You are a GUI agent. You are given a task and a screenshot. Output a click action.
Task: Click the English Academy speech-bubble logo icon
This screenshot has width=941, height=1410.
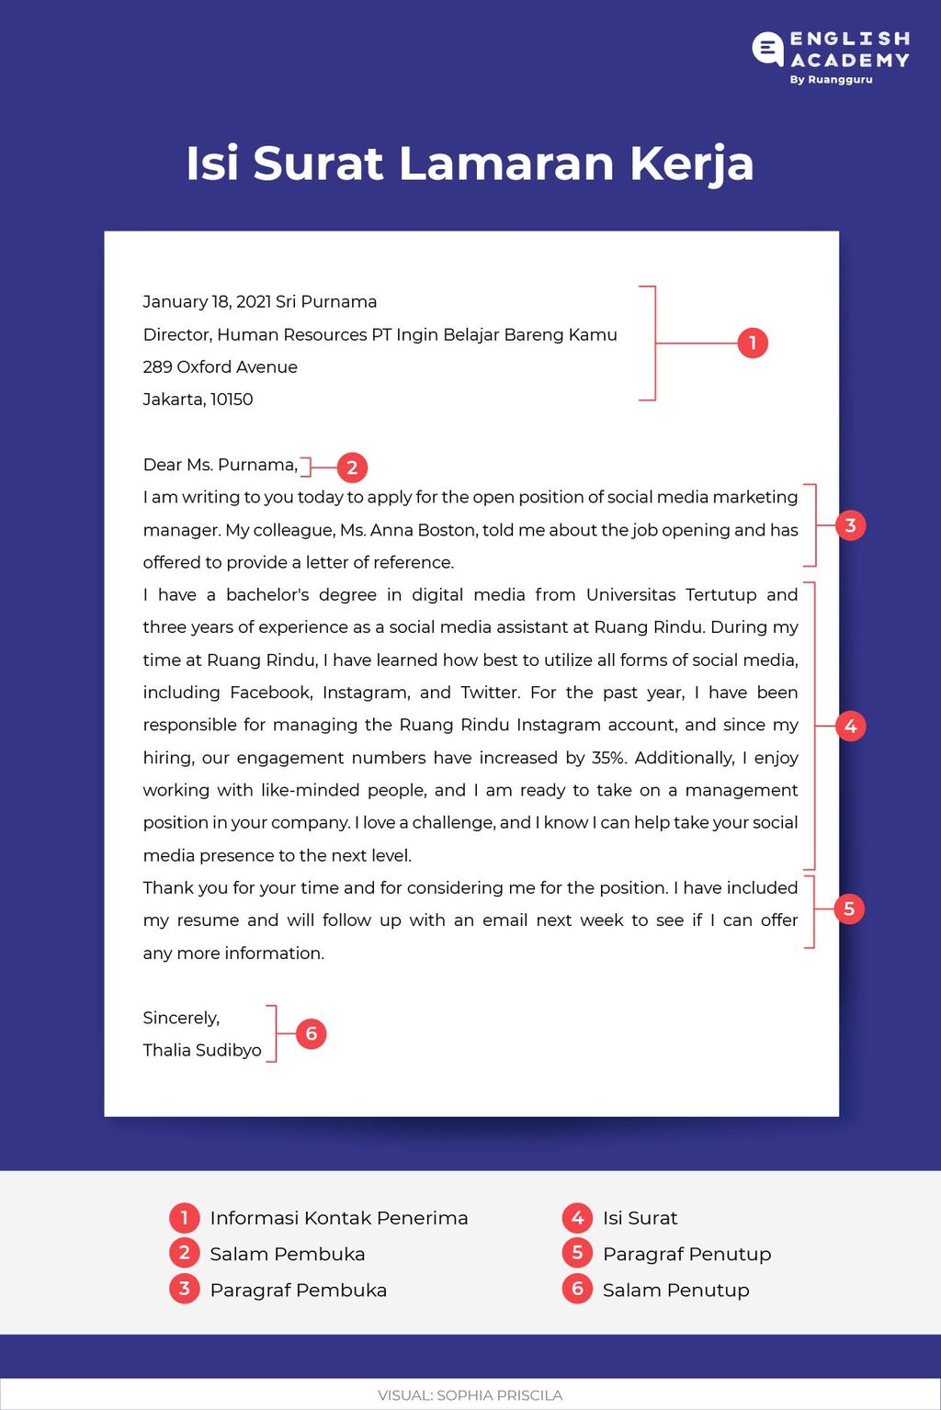(768, 49)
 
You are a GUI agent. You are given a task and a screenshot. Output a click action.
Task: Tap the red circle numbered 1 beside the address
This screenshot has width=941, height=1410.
(753, 344)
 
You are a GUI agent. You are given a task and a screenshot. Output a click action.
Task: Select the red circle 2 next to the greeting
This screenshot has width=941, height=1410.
(352, 468)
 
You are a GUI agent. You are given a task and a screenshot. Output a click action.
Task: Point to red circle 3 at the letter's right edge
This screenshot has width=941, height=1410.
(850, 525)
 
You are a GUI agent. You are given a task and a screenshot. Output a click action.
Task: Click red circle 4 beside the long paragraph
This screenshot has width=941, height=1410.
(850, 727)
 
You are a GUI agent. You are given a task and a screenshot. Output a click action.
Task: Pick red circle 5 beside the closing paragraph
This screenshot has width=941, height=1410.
(849, 909)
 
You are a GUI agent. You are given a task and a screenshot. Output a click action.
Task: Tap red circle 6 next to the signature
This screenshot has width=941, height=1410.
(312, 1034)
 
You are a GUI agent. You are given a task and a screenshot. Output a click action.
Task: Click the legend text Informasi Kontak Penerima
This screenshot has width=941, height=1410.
(338, 1218)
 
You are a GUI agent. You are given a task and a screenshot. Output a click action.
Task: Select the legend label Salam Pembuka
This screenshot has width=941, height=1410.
(287, 1254)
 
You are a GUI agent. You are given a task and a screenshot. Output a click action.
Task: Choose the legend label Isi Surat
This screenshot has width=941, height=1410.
(640, 1218)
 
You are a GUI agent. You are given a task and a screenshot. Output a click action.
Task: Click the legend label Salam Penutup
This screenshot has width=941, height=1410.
(675, 1291)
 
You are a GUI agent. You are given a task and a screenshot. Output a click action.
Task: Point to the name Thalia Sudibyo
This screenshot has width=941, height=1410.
(202, 1050)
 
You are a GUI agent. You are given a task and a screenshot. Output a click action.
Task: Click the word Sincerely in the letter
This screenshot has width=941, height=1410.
(180, 1018)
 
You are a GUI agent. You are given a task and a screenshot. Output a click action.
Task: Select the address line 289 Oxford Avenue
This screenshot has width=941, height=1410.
(220, 367)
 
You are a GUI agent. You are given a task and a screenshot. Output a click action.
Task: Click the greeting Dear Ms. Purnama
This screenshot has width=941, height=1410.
(220, 465)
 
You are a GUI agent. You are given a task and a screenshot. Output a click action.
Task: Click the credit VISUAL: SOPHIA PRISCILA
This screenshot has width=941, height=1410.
(470, 1395)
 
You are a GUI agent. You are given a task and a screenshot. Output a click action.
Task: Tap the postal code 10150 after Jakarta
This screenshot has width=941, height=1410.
(232, 400)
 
